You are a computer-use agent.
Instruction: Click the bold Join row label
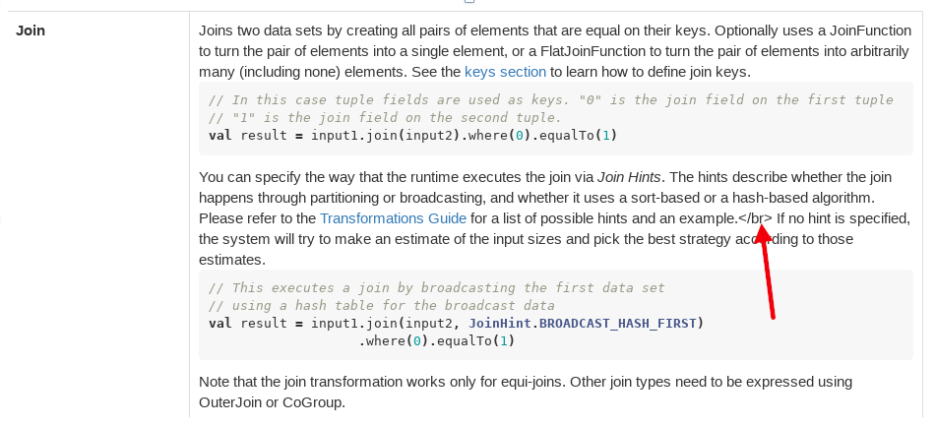click(31, 30)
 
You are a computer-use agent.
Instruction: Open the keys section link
click(505, 71)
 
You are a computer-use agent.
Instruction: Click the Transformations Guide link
click(393, 217)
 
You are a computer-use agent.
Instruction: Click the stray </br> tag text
click(755, 217)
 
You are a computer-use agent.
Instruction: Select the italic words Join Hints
click(631, 177)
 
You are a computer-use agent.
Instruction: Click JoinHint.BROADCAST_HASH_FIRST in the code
click(586, 323)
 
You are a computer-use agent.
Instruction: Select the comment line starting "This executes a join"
click(437, 287)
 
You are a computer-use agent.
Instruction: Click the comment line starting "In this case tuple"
click(550, 99)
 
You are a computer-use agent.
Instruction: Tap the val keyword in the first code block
click(220, 135)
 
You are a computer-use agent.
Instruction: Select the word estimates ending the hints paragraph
click(231, 260)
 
